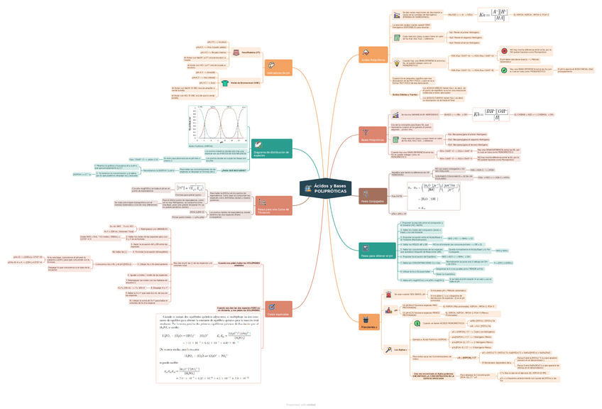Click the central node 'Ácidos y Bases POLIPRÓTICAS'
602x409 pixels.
coord(330,190)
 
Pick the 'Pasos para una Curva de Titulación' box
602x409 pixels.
coord(272,207)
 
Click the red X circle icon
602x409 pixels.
coord(503,52)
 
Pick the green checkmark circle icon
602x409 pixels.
coord(503,70)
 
